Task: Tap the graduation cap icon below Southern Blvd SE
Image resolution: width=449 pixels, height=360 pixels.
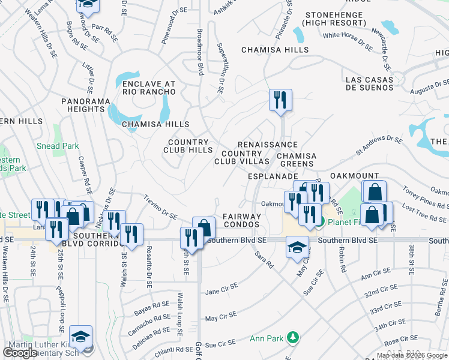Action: [297, 247]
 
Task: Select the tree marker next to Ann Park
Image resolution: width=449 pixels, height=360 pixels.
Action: [292, 338]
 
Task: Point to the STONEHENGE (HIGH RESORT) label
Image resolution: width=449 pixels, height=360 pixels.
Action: [334, 19]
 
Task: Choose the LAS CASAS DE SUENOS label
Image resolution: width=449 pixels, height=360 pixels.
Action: [369, 84]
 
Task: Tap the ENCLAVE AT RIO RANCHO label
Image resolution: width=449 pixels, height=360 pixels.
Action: [149, 88]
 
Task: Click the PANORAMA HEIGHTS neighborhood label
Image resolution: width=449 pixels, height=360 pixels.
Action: [83, 105]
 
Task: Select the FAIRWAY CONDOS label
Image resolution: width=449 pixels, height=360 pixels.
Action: [242, 220]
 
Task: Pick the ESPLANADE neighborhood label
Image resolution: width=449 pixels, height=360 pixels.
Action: [274, 177]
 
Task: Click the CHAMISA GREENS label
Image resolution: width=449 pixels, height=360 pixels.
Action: [295, 160]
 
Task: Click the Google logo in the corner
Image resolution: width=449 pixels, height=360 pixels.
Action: [20, 353]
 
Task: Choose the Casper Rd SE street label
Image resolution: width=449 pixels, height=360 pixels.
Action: [84, 174]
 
